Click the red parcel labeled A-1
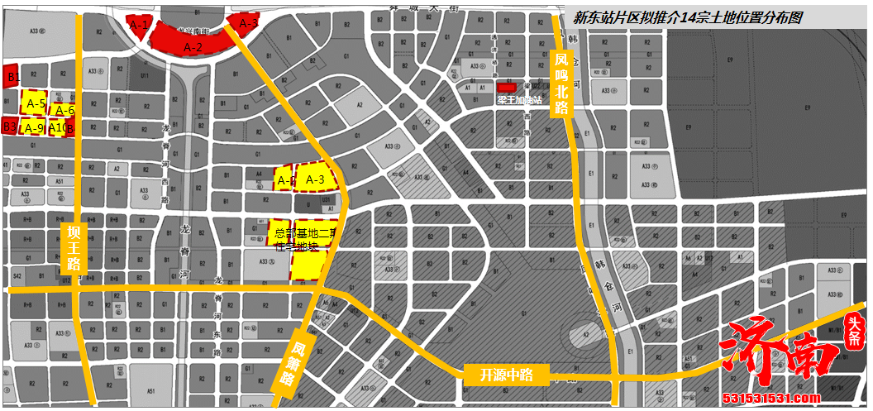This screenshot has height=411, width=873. click(x=139, y=26)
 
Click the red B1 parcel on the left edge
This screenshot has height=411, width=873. click(x=12, y=76)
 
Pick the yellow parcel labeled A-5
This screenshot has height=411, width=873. click(x=35, y=103)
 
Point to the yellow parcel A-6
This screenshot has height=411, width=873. click(x=64, y=110)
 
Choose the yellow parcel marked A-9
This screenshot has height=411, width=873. click(x=34, y=127)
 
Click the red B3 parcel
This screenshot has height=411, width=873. click(x=10, y=126)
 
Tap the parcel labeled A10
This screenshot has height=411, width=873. click(x=60, y=127)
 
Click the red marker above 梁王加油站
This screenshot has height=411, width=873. click(x=506, y=87)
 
